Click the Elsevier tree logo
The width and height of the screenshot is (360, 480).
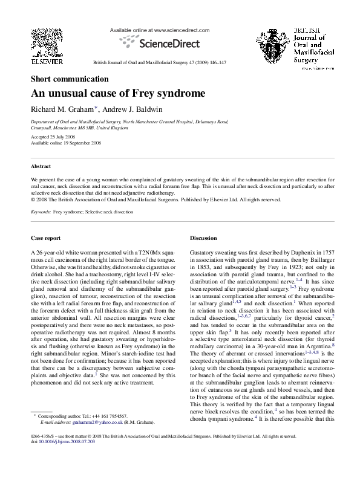42,43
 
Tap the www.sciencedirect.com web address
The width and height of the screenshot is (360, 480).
182,30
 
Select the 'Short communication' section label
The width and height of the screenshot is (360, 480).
70,79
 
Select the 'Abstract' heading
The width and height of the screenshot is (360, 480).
41,166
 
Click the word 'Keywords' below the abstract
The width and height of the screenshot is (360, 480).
41,213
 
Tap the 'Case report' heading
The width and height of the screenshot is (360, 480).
47,238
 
